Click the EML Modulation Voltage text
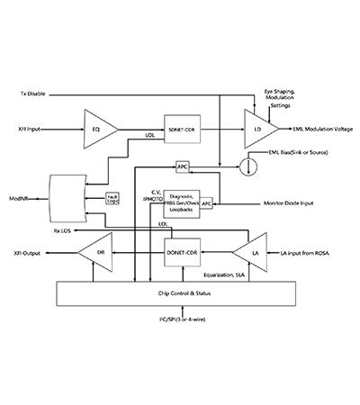pos(319,128)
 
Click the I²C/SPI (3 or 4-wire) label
pos(182,319)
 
